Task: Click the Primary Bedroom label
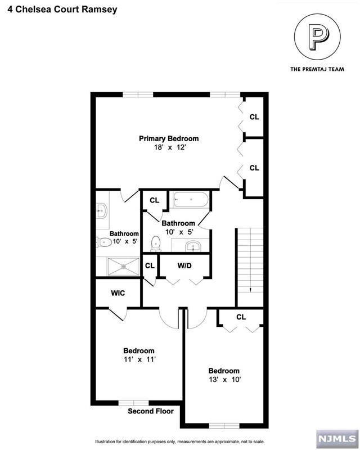coord(169,138)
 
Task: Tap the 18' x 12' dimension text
coord(170,147)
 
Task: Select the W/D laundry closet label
coord(184,265)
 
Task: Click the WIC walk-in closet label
coord(118,293)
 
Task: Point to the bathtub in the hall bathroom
coord(191,200)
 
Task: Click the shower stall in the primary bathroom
coord(123,266)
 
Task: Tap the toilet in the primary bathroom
coord(104,242)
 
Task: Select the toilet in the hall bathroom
coord(156,244)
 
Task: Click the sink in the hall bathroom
coord(193,246)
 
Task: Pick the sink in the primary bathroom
coord(101,211)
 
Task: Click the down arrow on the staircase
coord(250,290)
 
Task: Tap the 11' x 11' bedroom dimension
coord(140,359)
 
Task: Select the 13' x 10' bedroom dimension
coord(225,379)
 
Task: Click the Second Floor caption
coord(151,411)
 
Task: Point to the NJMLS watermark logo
coord(337,439)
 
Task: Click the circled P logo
coord(317,37)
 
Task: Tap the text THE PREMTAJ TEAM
coord(317,69)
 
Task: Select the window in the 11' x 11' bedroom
coord(133,403)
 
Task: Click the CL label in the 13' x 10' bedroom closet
coord(241,317)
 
